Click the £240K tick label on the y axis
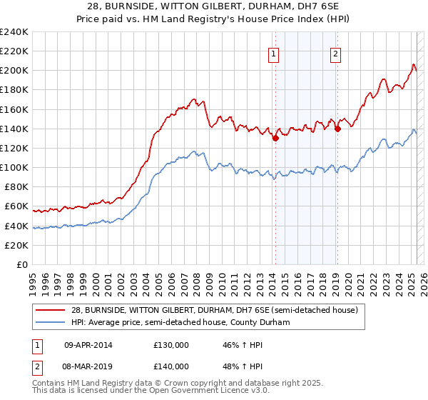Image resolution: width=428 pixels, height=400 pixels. (14, 32)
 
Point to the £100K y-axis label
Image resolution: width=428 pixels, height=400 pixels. (14, 167)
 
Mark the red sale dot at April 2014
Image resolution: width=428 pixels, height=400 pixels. (275, 139)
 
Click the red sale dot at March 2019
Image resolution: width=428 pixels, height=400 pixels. (337, 129)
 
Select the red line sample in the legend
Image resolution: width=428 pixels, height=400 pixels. (51, 309)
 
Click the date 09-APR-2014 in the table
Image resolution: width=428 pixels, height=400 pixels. (88, 344)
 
